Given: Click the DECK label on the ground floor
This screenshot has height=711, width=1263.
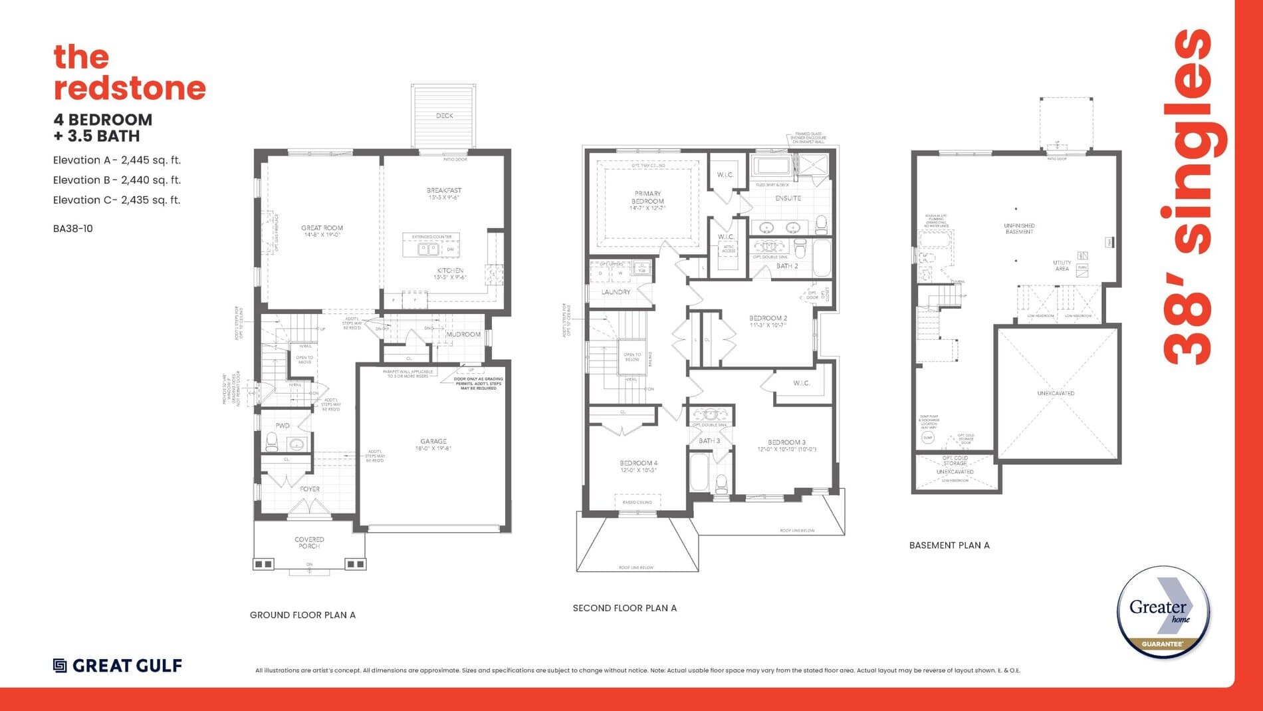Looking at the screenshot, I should [444, 116].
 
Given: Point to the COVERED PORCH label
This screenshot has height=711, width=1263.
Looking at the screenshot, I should [309, 543].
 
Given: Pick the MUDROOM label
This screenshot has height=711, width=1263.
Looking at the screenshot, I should [463, 335].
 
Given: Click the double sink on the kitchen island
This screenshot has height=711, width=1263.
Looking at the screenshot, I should [427, 249].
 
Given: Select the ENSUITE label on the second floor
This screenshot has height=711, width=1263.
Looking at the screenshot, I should [788, 198].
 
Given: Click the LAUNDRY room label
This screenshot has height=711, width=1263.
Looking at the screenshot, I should [616, 292].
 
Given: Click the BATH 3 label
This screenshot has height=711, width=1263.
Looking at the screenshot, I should [709, 441].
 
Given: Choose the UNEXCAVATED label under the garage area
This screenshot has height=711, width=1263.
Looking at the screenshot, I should [1056, 393].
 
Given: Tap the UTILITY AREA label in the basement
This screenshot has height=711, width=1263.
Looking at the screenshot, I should [1062, 265].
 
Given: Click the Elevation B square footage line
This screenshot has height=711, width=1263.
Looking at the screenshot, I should [117, 180].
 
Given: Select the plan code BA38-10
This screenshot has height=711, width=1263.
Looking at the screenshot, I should [73, 228].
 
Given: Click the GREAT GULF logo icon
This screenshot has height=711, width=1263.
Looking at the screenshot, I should [60, 665].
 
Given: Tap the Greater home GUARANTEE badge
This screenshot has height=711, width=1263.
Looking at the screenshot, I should [1163, 613].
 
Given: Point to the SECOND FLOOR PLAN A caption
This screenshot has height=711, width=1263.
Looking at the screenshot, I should [624, 608].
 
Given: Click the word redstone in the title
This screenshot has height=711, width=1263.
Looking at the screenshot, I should [130, 88].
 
